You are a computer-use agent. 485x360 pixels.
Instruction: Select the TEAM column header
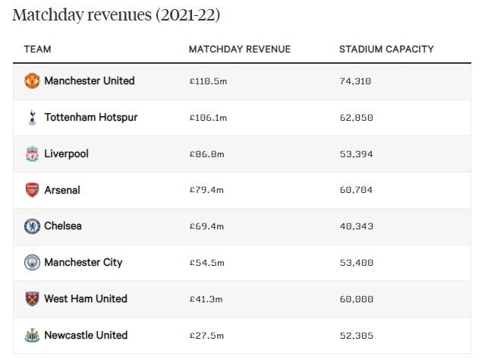(x=37, y=49)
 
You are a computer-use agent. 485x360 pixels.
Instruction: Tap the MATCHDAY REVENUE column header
(x=239, y=49)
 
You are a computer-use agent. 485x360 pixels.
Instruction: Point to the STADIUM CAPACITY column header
(x=386, y=49)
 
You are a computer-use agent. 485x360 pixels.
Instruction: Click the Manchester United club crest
(x=31, y=81)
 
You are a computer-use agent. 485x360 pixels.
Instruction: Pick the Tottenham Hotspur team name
(x=91, y=118)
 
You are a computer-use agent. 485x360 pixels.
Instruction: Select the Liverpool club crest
(x=31, y=154)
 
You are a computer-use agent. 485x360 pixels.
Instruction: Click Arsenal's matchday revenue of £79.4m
(x=206, y=190)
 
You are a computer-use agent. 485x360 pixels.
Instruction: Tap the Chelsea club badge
(x=31, y=226)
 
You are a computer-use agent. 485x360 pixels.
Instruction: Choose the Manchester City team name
(x=83, y=263)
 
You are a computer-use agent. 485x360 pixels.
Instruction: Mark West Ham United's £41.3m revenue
(x=206, y=299)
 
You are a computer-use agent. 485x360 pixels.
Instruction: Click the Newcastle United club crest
(x=31, y=336)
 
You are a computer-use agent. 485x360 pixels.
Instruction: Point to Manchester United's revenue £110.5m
(x=209, y=81)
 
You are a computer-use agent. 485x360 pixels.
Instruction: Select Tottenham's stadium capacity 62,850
(x=356, y=118)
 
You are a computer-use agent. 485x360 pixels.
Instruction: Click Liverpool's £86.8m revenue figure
(x=206, y=154)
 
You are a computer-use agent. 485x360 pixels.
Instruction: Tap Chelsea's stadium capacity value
(x=356, y=226)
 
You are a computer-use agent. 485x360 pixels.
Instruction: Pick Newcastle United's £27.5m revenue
(x=206, y=336)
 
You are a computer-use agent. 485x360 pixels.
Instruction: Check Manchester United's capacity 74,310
(x=356, y=81)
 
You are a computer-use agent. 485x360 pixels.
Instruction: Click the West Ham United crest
(x=31, y=299)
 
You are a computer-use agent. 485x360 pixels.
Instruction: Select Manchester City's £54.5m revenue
(x=206, y=263)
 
